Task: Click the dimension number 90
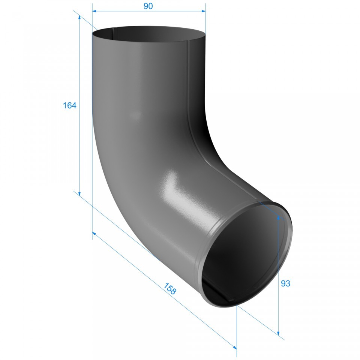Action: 148,6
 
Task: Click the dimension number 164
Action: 70,105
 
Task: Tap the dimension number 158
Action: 170,288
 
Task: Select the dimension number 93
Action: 285,283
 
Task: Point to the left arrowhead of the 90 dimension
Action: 94,11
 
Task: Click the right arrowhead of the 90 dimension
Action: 203,11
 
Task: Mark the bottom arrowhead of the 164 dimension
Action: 79,194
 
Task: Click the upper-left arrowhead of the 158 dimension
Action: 94,233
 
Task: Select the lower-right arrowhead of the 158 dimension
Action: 235,346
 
